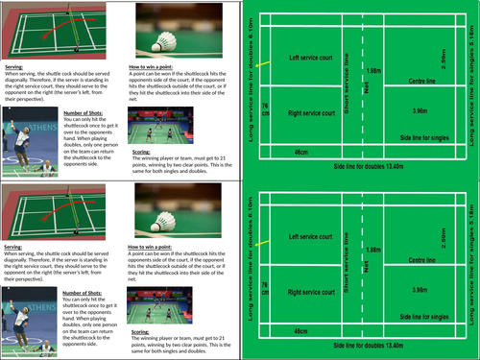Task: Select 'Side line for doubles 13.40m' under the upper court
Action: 362,166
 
